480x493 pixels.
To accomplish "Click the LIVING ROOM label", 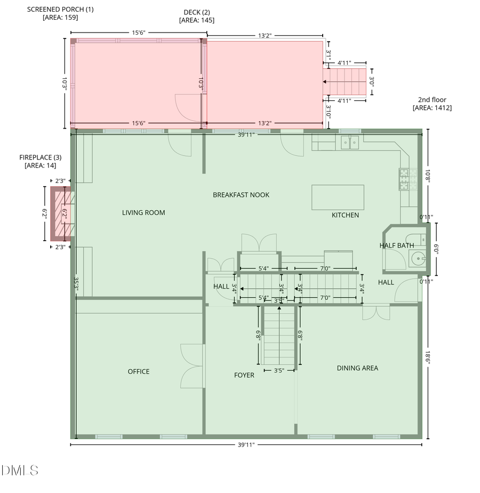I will (x=143, y=213).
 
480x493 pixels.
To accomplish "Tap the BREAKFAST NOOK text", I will (x=241, y=195).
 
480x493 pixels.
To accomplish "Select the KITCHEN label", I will (x=345, y=215).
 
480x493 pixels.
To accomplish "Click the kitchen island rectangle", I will (x=338, y=197).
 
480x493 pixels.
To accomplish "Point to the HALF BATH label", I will (x=396, y=245).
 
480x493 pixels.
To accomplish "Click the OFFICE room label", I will (x=139, y=372).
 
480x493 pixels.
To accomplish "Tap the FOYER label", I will (x=244, y=375).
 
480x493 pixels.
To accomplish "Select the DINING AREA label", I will (x=357, y=368).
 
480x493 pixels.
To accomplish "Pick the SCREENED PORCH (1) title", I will (x=60, y=10).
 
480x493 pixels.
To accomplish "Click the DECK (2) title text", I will (x=197, y=12).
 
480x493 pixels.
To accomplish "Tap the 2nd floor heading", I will (x=432, y=100).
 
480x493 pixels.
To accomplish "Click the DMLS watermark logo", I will (x=20, y=470).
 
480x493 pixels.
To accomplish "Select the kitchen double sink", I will (x=350, y=142).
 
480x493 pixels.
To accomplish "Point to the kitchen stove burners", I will (x=404, y=179).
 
